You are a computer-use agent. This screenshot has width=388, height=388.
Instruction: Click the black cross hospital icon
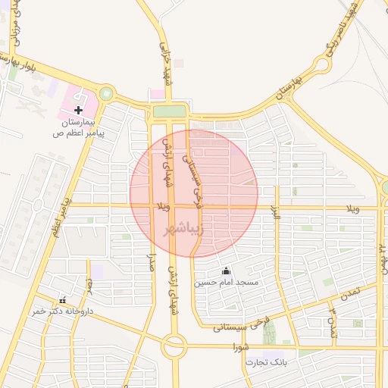(x=78, y=110)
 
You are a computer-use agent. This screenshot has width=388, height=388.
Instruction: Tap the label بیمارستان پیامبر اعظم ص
(x=77, y=127)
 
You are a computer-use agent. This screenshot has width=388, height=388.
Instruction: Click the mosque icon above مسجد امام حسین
(x=226, y=271)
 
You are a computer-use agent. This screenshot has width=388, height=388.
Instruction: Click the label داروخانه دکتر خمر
(x=62, y=311)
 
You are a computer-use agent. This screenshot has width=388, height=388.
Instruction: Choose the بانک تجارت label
(x=267, y=362)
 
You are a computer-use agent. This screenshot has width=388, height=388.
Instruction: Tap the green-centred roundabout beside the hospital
(x=105, y=95)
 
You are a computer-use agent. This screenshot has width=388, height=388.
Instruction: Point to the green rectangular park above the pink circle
(x=169, y=111)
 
